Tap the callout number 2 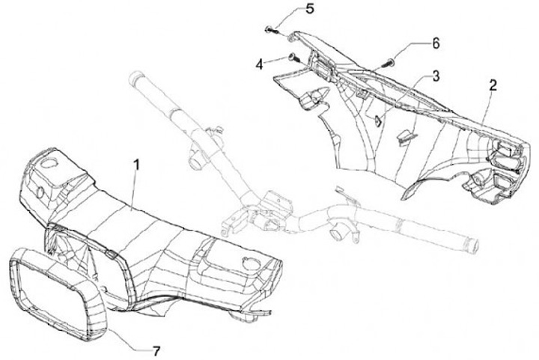coord(493,85)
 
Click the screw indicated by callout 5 coord(269,29)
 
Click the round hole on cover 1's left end coord(50,162)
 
